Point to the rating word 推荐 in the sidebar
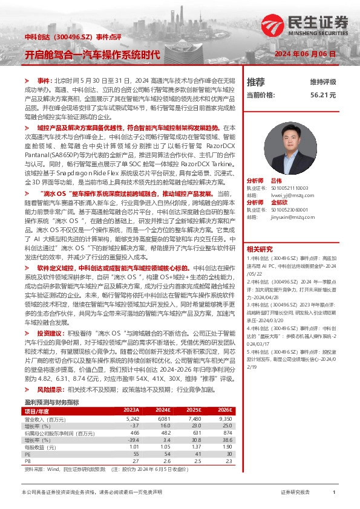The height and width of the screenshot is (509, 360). pyautogui.click(x=256, y=82)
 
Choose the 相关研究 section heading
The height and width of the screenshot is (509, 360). pyautogui.click(x=260, y=232)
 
